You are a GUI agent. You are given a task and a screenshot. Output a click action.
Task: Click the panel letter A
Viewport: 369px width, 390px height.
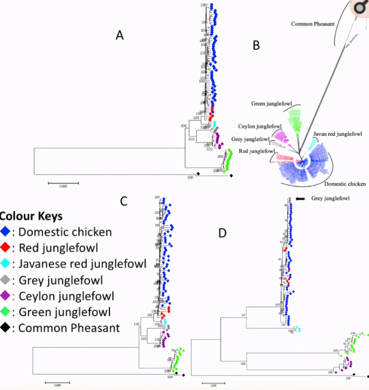coord(120,35)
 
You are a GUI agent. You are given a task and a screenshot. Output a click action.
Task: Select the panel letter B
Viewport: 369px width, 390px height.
coord(256,45)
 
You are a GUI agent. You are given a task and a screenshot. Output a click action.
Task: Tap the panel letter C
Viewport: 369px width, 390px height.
coord(124,201)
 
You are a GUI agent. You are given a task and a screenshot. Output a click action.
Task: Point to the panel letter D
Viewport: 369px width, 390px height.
coord(222,233)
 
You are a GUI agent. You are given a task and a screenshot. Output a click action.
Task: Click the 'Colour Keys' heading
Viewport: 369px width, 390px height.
coord(31,216)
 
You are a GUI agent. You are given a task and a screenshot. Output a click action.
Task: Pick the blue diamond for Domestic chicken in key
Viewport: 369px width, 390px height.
coord(5,232)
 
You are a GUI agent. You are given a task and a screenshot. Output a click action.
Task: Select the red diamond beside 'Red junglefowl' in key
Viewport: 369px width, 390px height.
coord(5,248)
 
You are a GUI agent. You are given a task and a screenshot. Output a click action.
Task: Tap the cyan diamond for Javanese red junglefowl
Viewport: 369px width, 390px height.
coord(5,264)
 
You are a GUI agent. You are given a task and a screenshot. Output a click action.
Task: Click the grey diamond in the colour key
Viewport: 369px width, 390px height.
coord(5,280)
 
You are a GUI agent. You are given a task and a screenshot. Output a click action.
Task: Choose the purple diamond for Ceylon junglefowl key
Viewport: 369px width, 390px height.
coord(5,296)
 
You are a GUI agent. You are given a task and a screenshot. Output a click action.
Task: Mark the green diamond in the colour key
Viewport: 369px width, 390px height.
coord(5,312)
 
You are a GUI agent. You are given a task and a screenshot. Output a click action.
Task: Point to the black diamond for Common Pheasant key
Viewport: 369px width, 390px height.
coord(5,328)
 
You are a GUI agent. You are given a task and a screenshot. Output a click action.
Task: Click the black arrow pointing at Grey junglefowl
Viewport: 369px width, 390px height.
coord(300,199)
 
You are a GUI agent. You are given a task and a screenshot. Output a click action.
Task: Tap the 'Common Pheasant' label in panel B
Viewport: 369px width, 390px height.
coord(312,24)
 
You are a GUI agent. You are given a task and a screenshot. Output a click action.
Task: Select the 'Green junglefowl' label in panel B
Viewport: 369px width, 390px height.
coord(271,103)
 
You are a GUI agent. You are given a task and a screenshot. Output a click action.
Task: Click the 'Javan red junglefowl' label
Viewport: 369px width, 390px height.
coord(338,134)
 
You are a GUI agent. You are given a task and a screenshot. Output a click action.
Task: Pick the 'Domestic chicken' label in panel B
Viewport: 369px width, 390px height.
coord(345,184)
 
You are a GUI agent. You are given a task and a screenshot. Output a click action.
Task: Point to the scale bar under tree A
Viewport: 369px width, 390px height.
coord(63,183)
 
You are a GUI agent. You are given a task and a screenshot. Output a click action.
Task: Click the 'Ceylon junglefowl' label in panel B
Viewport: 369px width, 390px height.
coord(260,126)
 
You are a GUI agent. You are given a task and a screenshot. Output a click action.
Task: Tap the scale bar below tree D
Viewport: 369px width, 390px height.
coord(213,383)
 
